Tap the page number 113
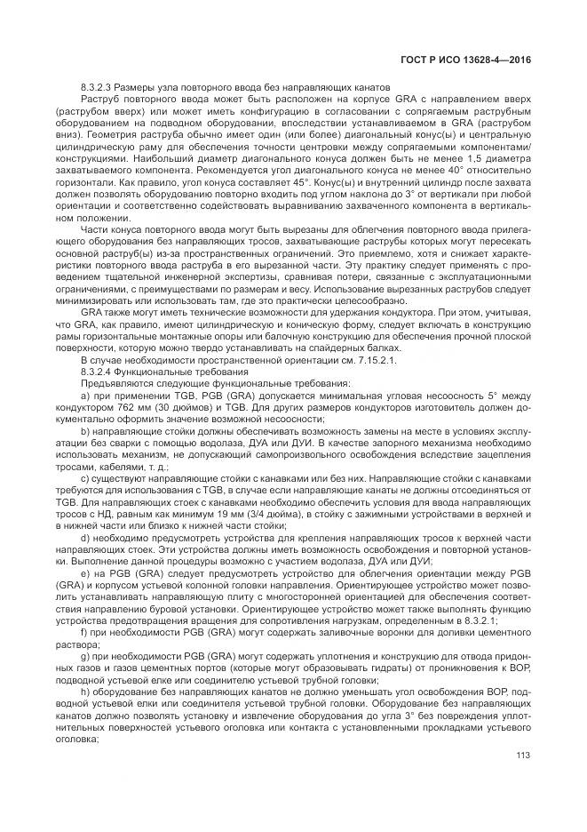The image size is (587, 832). [x=523, y=756]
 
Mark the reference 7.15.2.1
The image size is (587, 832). [x=303, y=334]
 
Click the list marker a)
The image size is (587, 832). [x=85, y=368]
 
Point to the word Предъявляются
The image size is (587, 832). [x=115, y=357]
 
